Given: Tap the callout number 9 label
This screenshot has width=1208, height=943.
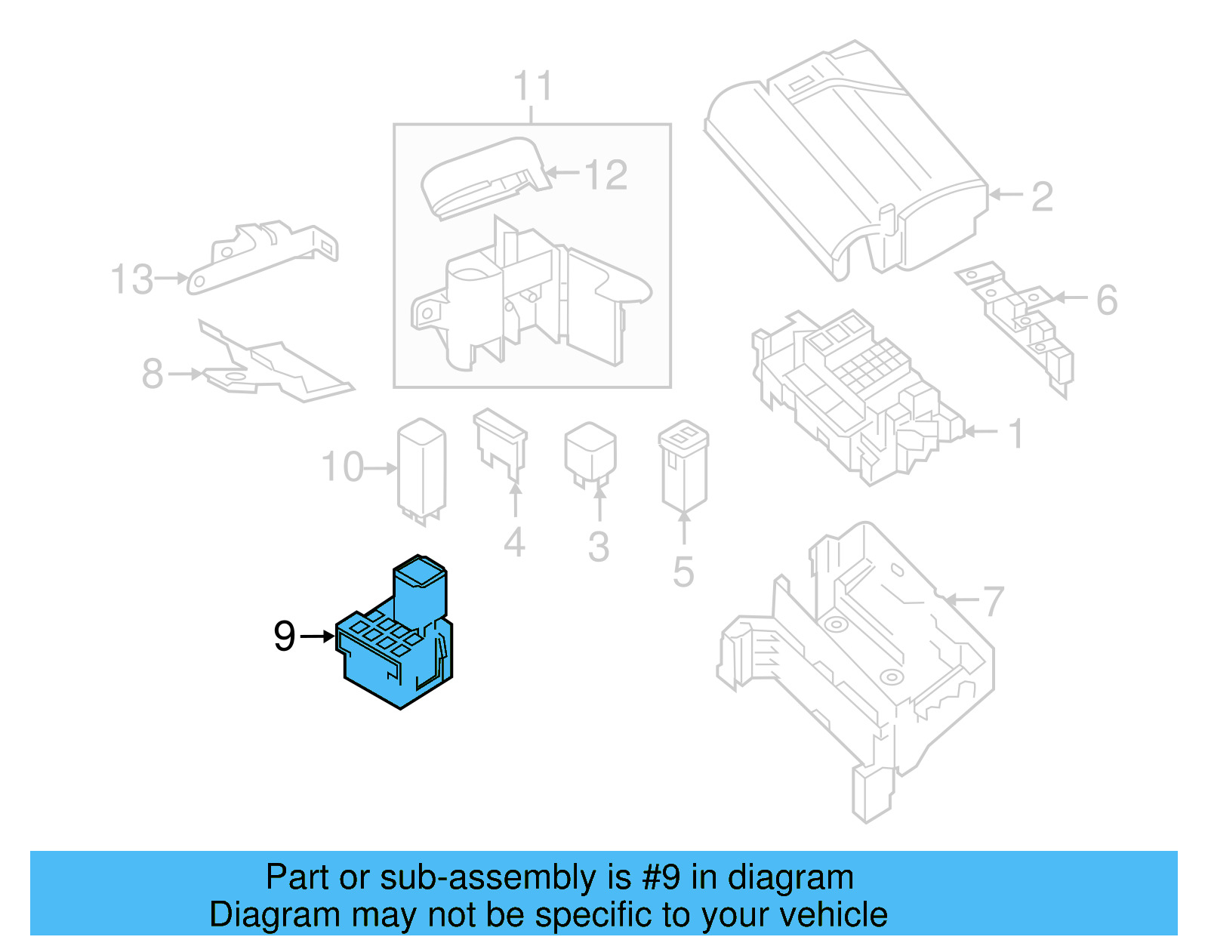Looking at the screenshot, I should click(x=285, y=636).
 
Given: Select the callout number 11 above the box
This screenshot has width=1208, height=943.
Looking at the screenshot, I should click(x=533, y=86).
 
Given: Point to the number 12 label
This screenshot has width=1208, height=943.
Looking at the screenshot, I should click(x=606, y=175).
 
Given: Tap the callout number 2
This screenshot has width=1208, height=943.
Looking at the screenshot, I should click(x=1042, y=196).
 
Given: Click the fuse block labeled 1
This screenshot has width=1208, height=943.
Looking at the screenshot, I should click(x=853, y=393).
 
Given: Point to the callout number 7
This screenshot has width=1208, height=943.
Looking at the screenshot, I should click(x=993, y=602).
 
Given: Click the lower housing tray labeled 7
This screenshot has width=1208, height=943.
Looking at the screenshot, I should click(x=861, y=664).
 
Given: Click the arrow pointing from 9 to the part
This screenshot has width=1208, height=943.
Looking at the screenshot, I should click(x=317, y=636).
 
